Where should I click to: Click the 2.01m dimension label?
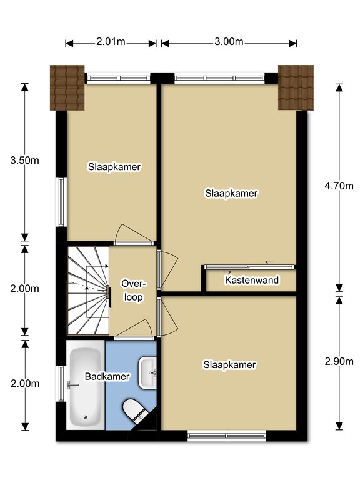[x=111, y=42]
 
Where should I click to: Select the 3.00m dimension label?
[x=229, y=42]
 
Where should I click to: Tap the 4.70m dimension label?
[x=339, y=186]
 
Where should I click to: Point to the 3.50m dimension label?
[x=25, y=160]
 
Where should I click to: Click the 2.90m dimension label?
[x=339, y=361]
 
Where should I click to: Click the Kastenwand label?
[x=252, y=280]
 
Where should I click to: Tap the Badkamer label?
[x=107, y=376]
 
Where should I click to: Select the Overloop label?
[x=133, y=290]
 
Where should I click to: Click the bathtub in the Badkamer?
[x=86, y=385]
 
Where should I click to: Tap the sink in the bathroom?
[x=148, y=372]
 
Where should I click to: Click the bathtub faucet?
[x=72, y=385]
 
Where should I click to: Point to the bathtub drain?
[x=86, y=417]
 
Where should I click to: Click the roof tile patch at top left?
[x=67, y=87]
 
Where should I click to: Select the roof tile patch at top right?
[x=296, y=87]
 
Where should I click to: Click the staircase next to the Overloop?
[x=88, y=291]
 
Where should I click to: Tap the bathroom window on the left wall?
[x=61, y=384]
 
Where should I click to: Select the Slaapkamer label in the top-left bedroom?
[x=114, y=167]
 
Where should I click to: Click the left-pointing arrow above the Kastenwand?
[x=270, y=262]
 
